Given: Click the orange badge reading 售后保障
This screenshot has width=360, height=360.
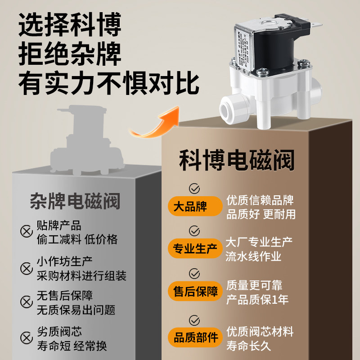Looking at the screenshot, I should tap(195, 291).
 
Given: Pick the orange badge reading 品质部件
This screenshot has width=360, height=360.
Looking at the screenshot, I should tap(195, 337).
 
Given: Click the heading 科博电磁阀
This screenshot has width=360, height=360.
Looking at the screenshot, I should tap(237, 160).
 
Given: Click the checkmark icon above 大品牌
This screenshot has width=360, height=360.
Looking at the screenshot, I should tap(194, 188).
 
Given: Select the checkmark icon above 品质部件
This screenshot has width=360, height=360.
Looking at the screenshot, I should tap(194, 320).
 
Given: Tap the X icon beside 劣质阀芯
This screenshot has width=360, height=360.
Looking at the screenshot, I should tap(26, 339).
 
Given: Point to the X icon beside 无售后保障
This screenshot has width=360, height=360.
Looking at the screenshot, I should tap(26, 303).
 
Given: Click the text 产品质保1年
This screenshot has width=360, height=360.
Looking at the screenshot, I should tap(257, 299).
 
